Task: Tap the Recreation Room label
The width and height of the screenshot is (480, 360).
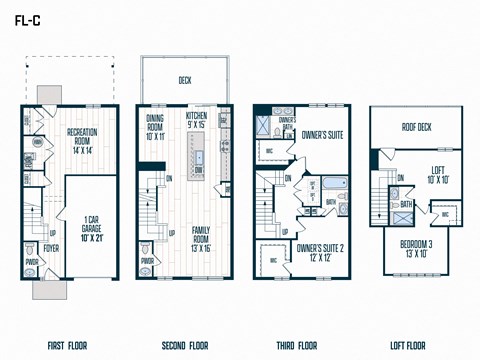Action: coord(88,137)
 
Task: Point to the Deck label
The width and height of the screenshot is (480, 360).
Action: coord(185,80)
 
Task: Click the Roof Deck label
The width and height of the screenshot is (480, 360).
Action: coord(415,127)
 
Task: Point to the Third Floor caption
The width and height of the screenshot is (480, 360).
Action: coord(299,347)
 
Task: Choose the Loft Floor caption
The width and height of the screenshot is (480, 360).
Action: coord(415,347)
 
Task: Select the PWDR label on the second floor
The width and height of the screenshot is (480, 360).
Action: coord(148,262)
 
